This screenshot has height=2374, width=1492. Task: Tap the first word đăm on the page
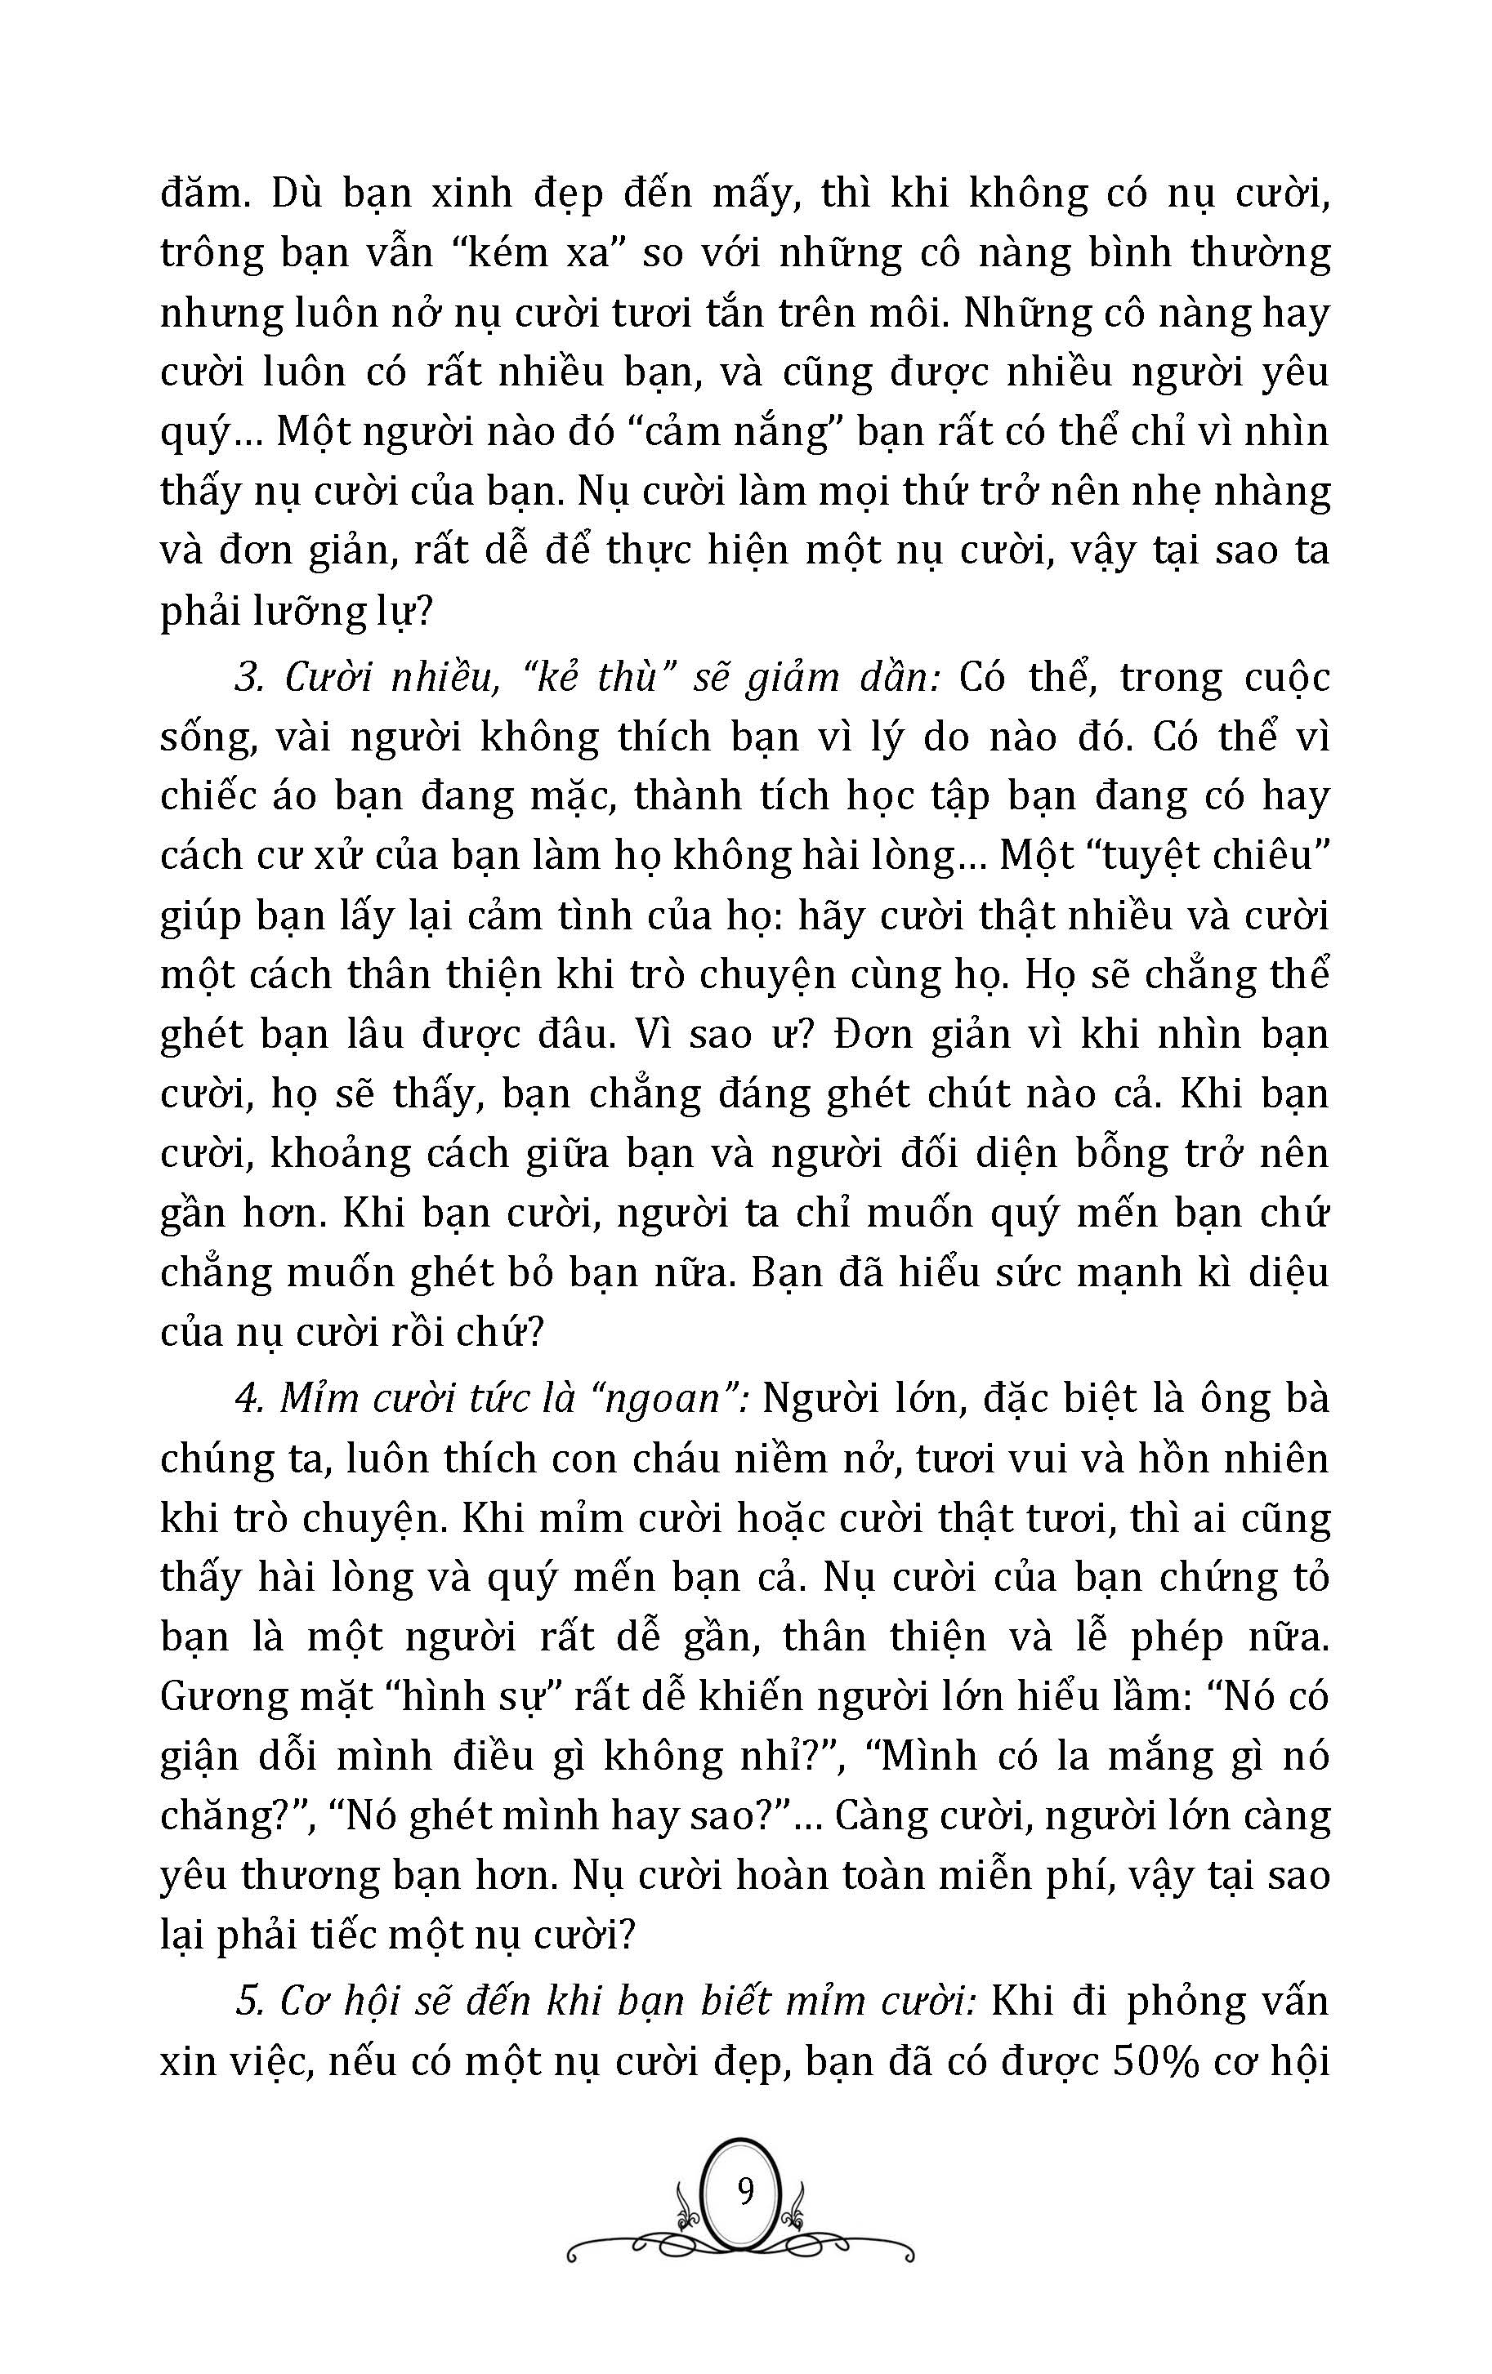point(200,194)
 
